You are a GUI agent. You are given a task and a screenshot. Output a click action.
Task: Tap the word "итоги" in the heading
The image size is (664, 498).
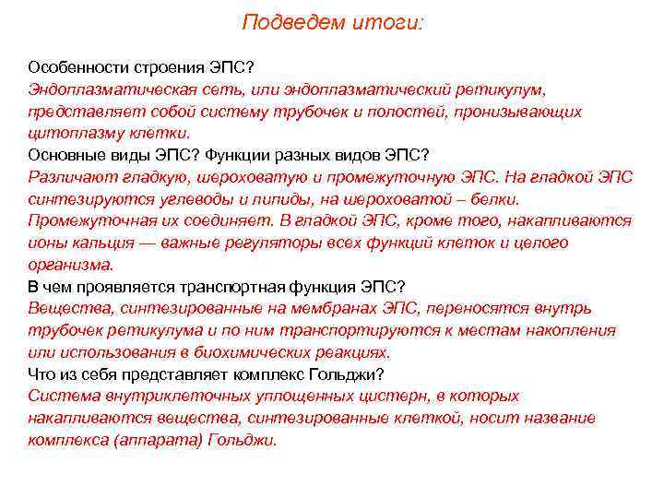(388, 22)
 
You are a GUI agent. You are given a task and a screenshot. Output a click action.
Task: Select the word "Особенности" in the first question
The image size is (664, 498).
(73, 67)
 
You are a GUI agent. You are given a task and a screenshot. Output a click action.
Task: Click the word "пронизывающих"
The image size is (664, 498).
(526, 112)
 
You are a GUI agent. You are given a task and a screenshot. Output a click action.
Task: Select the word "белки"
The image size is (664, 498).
(493, 199)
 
